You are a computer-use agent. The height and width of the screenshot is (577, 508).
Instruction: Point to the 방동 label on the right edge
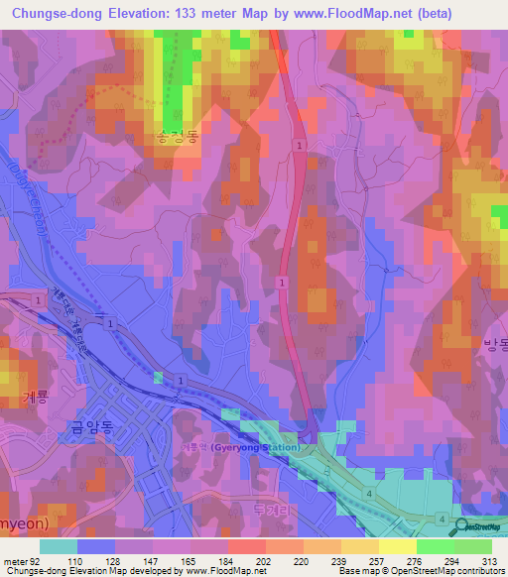(494, 344)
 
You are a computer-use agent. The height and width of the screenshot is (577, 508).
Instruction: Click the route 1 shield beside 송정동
(298, 145)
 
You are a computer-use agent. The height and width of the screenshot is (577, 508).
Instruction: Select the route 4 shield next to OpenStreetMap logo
(442, 519)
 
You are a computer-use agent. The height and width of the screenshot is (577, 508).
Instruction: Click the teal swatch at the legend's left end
(58, 546)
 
